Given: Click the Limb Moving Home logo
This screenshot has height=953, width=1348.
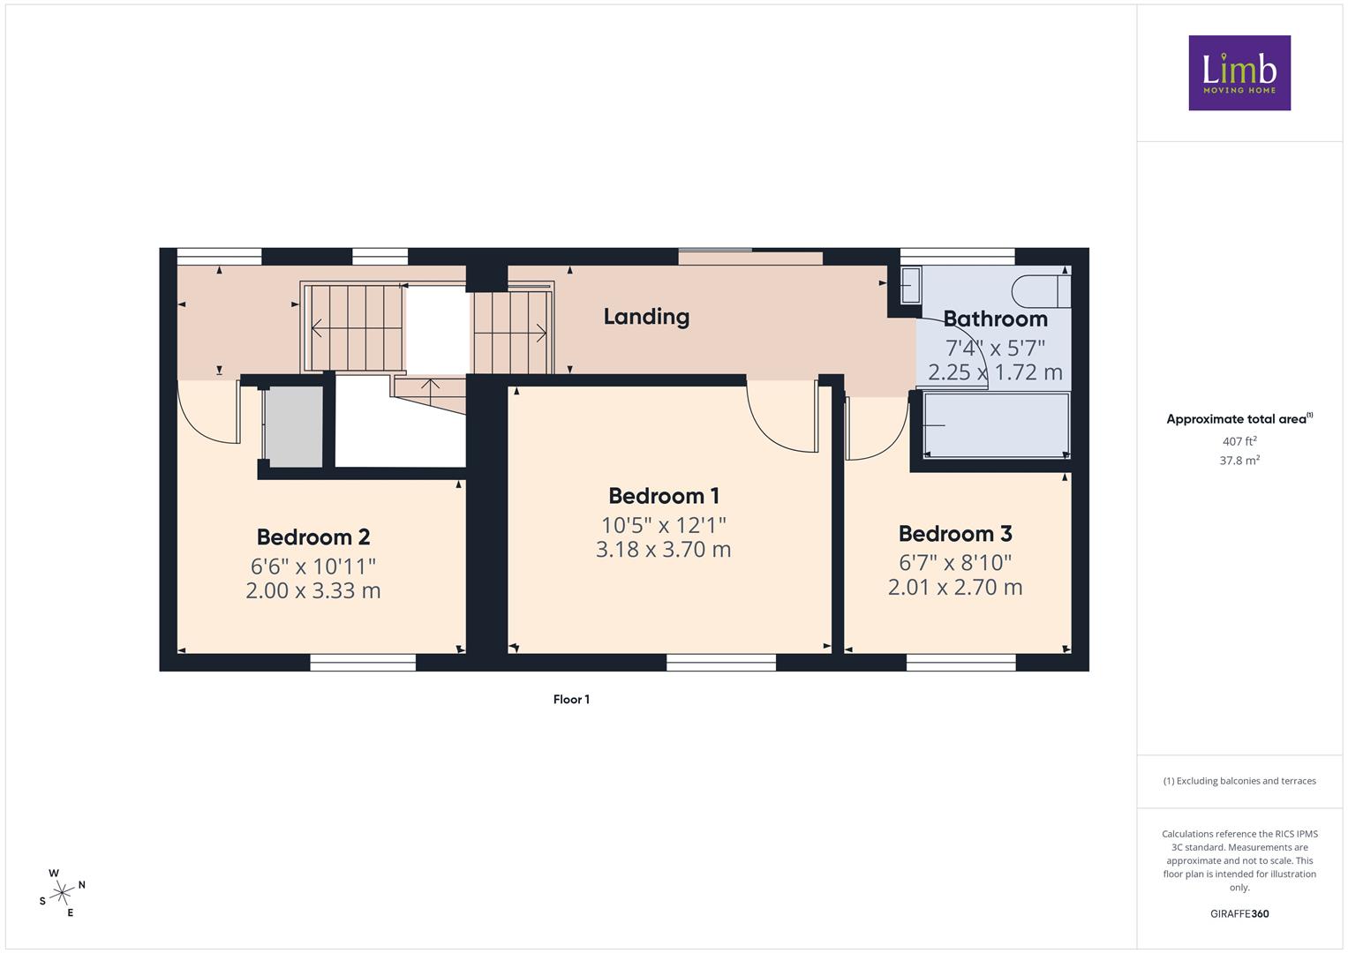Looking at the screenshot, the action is click(1239, 72).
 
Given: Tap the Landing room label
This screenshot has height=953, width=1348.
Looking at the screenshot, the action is click(646, 317).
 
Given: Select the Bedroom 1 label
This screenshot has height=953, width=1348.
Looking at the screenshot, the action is click(664, 496).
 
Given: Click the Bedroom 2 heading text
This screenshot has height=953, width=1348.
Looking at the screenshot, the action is click(313, 537).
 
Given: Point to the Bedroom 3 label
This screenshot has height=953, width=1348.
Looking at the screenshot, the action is click(955, 533).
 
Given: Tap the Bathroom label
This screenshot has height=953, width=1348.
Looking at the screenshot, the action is click(996, 319).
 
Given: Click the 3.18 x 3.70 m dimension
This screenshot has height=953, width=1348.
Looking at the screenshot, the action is click(663, 549).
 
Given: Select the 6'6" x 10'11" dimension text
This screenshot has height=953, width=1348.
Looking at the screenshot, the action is click(313, 567).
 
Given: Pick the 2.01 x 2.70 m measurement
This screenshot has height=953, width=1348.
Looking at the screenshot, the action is click(955, 587).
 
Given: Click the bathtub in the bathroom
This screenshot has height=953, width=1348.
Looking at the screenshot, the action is click(997, 425).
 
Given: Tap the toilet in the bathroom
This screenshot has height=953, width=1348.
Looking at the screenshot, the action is click(1041, 292).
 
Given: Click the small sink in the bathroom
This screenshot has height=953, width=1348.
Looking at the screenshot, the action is click(911, 285).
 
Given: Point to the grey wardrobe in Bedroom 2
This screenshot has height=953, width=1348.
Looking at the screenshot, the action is click(294, 427).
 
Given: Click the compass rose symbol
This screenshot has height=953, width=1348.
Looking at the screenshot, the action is click(62, 893).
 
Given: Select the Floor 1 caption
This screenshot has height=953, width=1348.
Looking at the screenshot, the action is click(571, 699).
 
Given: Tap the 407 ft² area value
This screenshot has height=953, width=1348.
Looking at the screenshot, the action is click(1239, 441).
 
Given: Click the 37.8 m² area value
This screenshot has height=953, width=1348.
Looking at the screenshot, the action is click(1239, 461).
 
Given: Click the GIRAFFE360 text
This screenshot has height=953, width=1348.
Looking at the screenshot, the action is click(1239, 914).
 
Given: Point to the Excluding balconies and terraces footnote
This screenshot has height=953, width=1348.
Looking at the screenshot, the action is click(1239, 781).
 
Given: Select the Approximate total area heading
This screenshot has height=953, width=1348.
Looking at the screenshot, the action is click(1239, 419).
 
